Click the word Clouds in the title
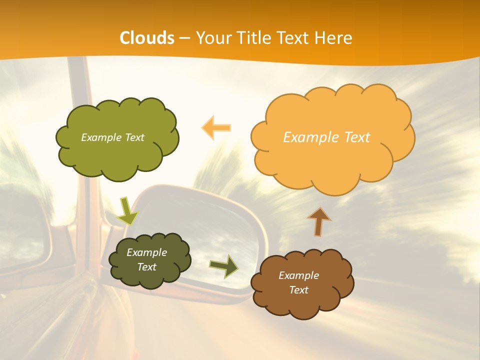(x=147, y=38)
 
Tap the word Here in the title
(x=334, y=38)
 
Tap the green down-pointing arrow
(x=127, y=211)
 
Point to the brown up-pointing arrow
(x=319, y=221)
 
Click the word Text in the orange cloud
(x=354, y=137)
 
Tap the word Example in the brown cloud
(x=298, y=275)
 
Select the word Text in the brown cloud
(x=298, y=290)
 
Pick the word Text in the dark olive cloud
(x=146, y=267)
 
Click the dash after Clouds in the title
(x=184, y=38)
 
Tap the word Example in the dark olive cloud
(x=146, y=252)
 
